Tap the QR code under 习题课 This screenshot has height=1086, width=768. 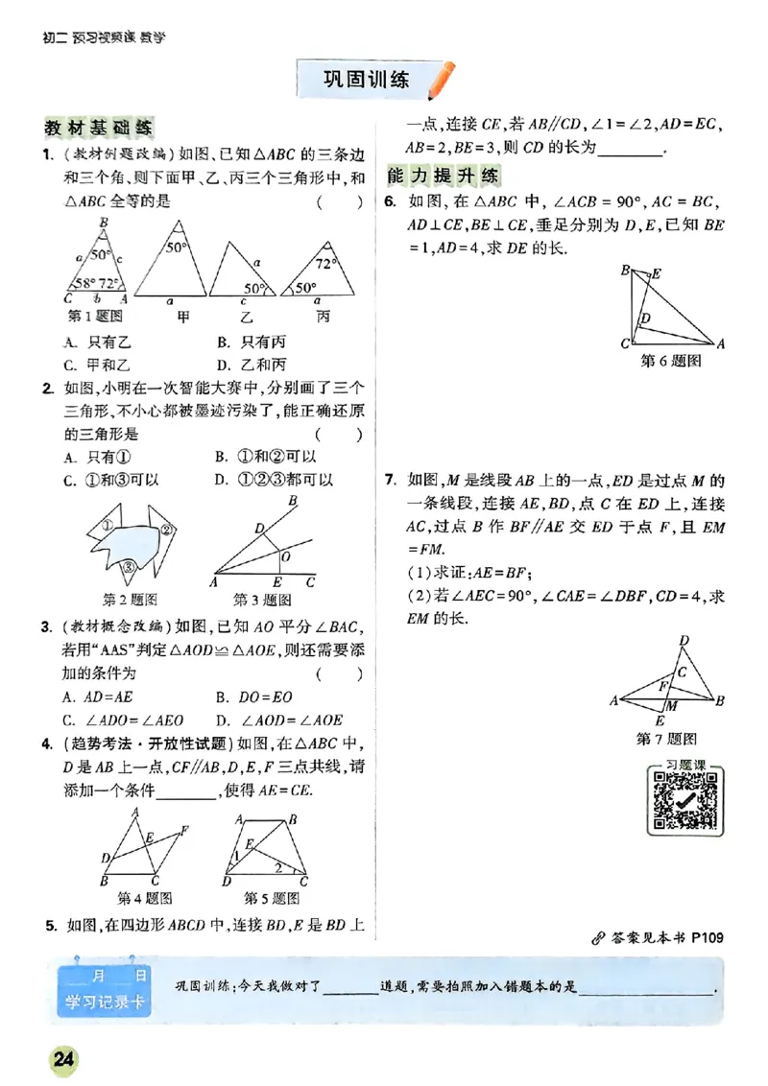point(684,800)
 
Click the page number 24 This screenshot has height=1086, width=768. point(64,1060)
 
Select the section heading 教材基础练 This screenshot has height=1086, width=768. point(100,128)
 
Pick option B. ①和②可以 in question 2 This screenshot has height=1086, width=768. point(266,458)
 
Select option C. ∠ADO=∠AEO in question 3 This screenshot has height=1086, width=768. point(124,720)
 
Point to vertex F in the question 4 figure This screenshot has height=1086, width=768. point(184,829)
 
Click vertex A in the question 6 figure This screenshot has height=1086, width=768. point(720,342)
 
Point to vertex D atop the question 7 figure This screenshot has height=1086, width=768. point(683,641)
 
